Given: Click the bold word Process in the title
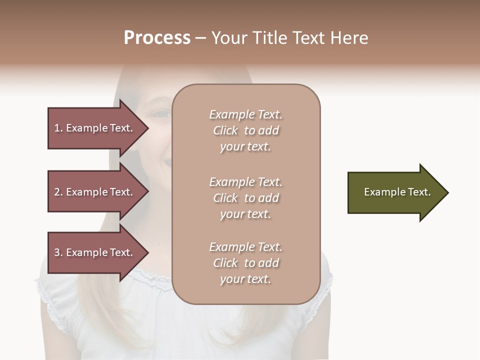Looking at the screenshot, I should (157, 38).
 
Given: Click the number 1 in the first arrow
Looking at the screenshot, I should (57, 128).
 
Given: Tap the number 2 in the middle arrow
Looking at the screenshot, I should (57, 192).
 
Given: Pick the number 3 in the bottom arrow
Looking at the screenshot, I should (57, 252).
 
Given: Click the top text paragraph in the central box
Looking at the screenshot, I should (245, 130).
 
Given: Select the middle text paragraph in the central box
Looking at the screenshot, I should (245, 198).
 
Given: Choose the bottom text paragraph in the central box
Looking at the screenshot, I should (245, 263).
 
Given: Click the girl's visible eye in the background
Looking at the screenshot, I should (161, 114).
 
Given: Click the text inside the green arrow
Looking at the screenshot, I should (397, 192).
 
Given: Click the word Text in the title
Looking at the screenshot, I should (308, 38).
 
